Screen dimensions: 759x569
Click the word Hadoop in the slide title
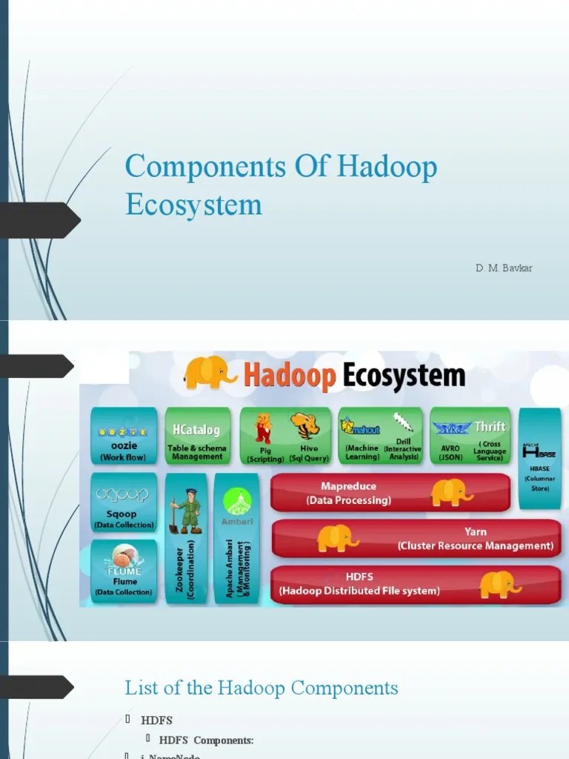[387, 168]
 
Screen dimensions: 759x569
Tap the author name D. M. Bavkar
[504, 267]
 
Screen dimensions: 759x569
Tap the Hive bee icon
[305, 426]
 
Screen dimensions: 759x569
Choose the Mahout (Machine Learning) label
[362, 452]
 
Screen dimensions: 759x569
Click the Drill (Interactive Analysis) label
[403, 448]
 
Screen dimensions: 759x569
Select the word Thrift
[490, 426]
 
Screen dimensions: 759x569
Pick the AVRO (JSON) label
[450, 452]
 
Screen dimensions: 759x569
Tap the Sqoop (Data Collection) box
[124, 503]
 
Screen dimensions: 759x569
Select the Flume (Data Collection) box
[124, 570]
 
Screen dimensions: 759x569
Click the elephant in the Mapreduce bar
[452, 492]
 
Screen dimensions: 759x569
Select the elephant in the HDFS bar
[501, 583]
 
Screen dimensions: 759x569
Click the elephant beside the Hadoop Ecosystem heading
[210, 372]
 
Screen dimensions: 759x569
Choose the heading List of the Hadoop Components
[262, 688]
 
